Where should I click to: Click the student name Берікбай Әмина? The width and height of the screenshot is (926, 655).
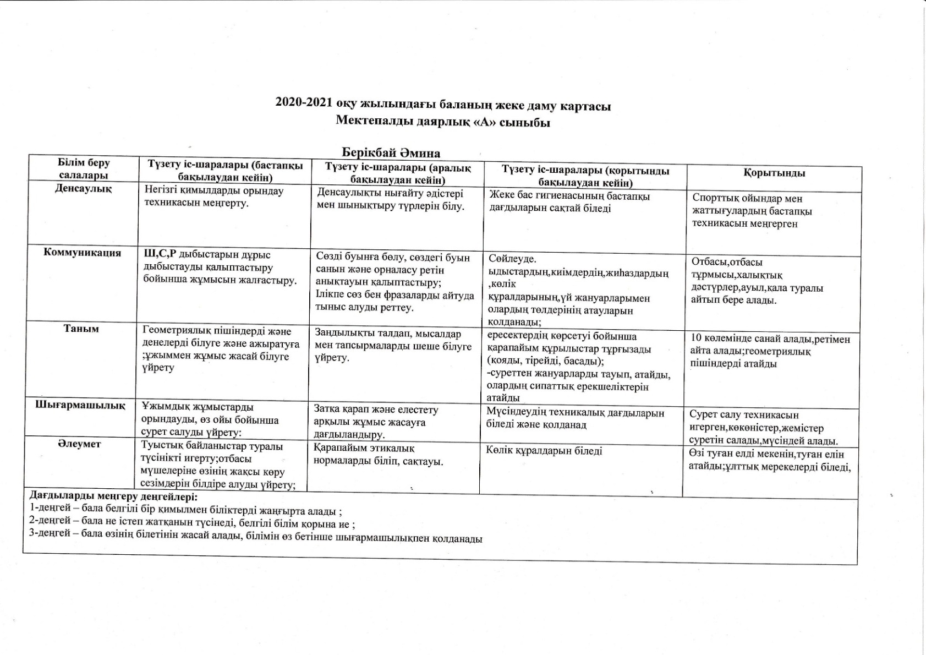point(391,152)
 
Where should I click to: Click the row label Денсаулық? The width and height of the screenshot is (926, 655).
point(83,188)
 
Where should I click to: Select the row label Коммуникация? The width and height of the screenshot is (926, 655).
point(83,253)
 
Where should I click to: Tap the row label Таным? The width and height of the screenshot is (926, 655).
point(81,329)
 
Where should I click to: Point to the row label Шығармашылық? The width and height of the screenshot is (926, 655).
point(80,405)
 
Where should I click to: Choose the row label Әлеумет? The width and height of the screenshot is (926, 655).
point(80,444)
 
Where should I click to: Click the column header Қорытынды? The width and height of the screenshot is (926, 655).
point(774,173)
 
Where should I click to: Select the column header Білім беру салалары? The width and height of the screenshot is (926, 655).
point(83,169)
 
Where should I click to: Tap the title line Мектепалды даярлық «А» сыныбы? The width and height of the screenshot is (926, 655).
point(443,122)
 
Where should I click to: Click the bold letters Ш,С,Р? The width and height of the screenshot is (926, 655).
point(154,255)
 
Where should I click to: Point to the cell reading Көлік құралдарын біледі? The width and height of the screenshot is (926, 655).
point(544,451)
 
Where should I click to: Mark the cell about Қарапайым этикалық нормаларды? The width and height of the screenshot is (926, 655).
point(378,455)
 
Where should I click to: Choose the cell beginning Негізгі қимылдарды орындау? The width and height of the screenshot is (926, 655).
point(214,197)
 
